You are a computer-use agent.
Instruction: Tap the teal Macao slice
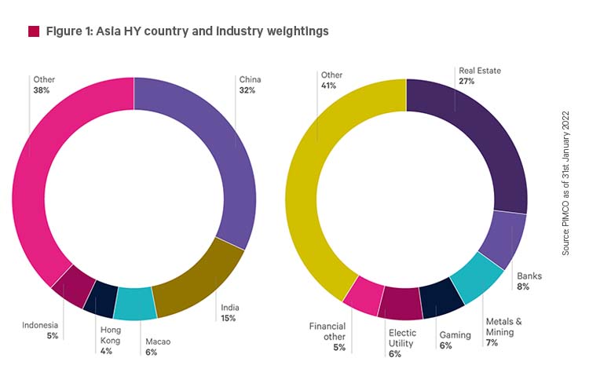(135, 304)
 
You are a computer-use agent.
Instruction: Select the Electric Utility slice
(400, 305)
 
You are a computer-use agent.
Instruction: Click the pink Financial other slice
(364, 295)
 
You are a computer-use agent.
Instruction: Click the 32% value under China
(247, 90)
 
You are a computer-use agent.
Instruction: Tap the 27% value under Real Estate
(466, 82)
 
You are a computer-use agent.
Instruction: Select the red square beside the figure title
(33, 31)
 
